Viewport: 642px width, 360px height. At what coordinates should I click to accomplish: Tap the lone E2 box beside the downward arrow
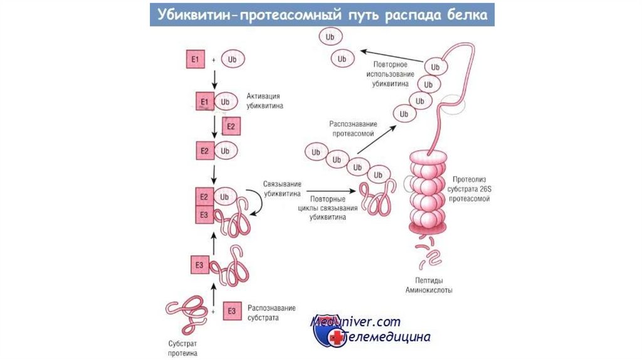click(231, 127)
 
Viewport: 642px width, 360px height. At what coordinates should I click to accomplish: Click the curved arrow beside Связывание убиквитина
click(256, 204)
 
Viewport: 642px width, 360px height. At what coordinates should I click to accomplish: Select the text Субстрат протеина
click(182, 349)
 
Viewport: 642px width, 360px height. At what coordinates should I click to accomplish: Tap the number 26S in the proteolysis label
click(481, 189)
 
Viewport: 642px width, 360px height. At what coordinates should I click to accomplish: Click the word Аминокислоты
click(429, 290)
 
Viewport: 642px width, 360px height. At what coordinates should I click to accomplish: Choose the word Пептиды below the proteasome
click(429, 281)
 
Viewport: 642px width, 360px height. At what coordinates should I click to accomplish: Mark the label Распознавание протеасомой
click(352, 129)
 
